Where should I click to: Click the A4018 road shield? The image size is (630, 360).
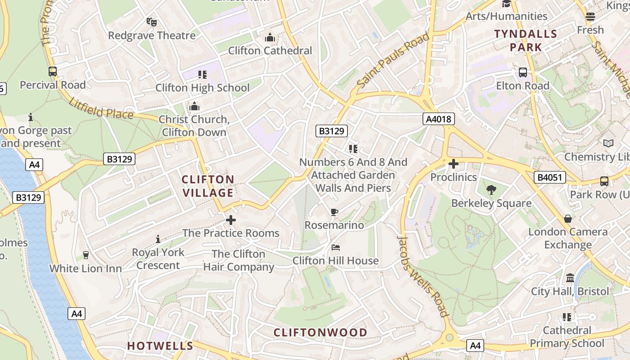438,119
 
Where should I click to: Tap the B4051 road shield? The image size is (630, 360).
550,177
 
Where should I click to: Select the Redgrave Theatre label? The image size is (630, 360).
152,35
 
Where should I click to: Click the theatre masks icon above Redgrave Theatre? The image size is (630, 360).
152,22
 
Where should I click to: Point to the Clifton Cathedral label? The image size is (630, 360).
270,50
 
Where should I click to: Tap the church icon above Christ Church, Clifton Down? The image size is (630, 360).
194,106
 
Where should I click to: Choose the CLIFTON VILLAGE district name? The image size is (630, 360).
208,186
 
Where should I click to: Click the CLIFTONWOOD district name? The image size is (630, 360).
320,333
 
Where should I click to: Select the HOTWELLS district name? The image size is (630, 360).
160,346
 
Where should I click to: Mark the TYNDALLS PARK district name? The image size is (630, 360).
526,40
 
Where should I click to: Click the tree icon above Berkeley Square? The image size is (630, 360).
491,190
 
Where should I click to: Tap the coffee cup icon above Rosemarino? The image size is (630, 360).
334,212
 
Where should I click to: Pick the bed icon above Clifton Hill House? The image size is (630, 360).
336,247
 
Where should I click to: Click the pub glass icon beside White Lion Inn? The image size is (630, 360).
86,255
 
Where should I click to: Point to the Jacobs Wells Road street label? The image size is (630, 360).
423,276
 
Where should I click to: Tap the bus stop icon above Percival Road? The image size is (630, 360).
53,72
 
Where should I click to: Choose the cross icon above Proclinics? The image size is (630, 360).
453,164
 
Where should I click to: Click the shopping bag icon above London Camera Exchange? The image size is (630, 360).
568,219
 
